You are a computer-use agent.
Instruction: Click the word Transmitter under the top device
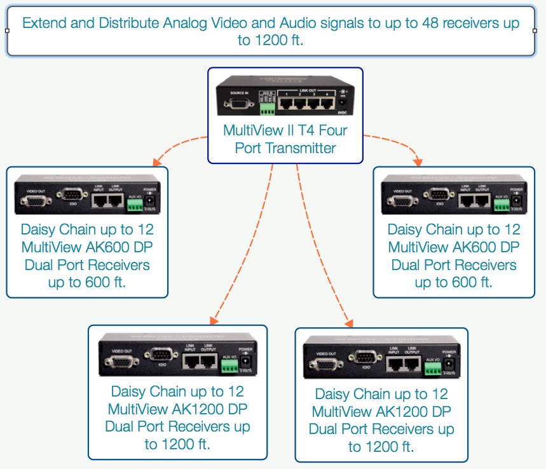click(x=304, y=148)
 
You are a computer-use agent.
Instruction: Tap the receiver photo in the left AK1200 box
click(x=177, y=356)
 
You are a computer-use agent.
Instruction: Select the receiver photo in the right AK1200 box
click(x=381, y=358)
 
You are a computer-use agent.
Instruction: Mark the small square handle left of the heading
click(x=7, y=31)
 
